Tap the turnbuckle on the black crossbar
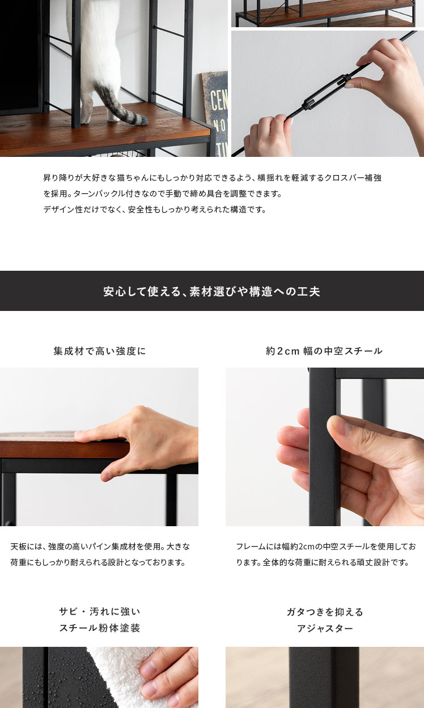point(327,92)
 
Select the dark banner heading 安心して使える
point(211,291)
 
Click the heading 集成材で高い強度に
point(99,351)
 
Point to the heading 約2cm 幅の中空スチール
point(324,351)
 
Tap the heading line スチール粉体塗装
point(100,628)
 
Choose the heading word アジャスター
point(325,628)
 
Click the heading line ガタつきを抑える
point(325,612)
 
